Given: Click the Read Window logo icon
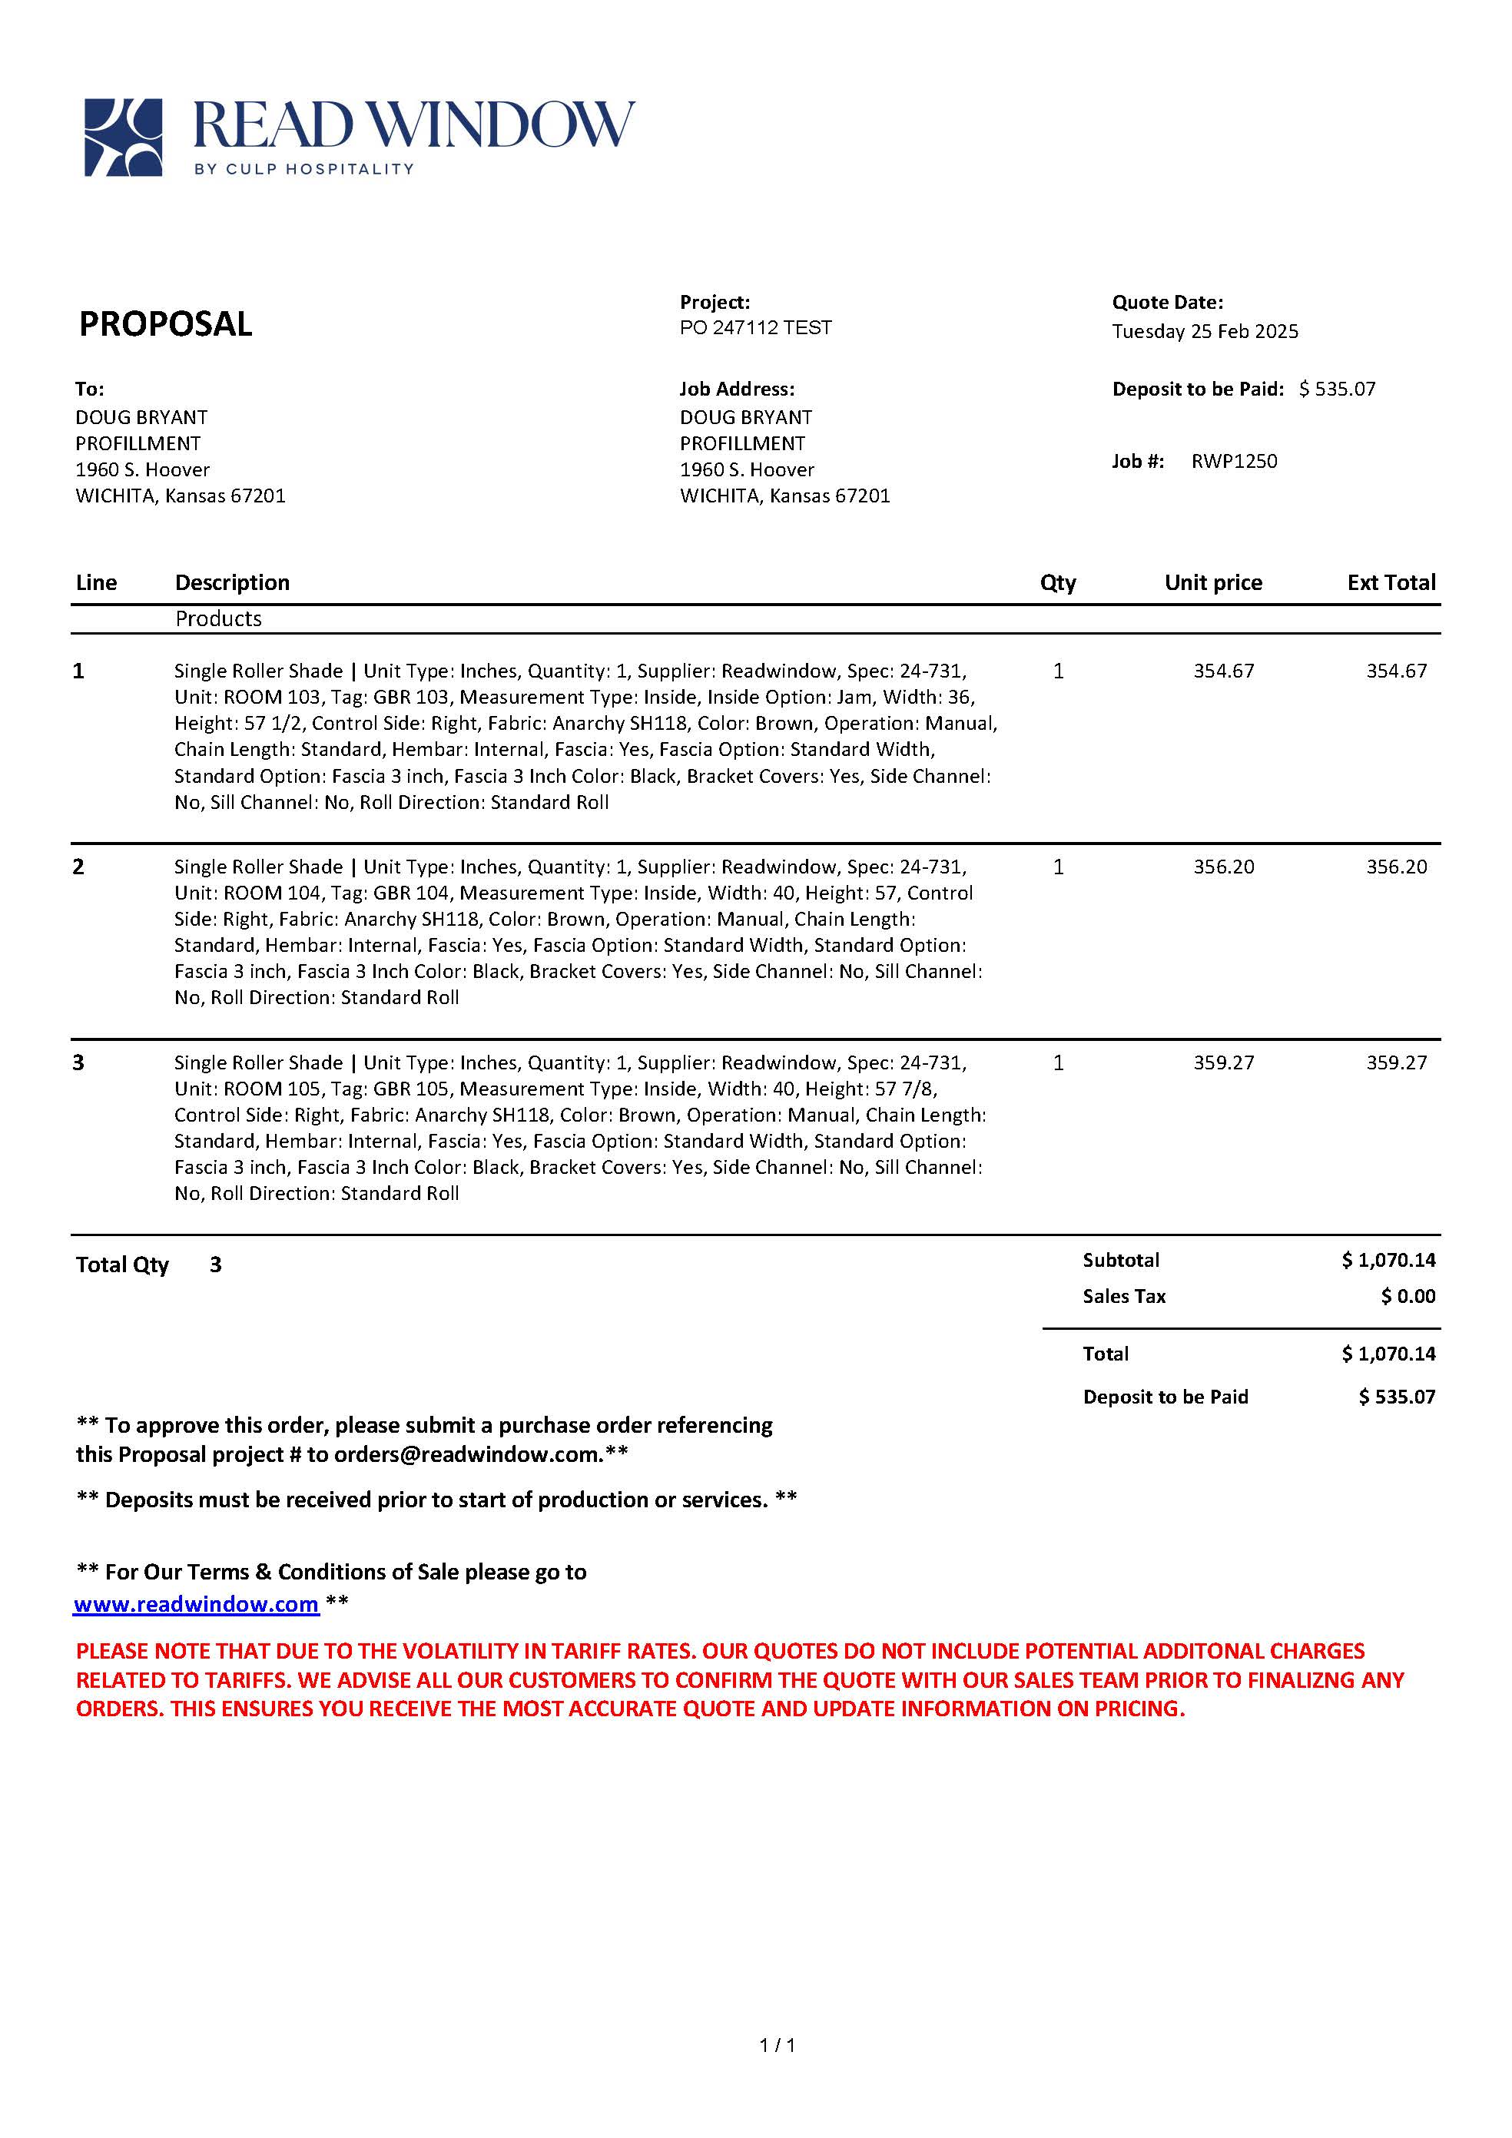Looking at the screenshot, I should click(123, 137).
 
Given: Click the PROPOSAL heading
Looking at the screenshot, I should click(166, 324).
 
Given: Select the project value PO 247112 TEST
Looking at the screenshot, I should click(755, 328).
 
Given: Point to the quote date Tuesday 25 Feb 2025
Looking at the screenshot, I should click(1204, 332).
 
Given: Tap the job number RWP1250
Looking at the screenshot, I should click(1234, 461).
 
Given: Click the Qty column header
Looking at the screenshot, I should click(1058, 583).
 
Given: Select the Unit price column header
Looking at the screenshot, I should click(1212, 583).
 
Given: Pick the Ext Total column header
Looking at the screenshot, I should click(1390, 583).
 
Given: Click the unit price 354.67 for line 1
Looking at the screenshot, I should click(1223, 671).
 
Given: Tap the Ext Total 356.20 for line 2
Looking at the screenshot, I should click(1396, 867).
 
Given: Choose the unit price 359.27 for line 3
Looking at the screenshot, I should click(1223, 1062).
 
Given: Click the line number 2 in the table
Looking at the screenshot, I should click(79, 867).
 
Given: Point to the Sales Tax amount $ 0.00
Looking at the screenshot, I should click(1408, 1296).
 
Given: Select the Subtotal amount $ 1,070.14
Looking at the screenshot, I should click(1388, 1261).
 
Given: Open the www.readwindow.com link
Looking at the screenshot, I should click(197, 1604).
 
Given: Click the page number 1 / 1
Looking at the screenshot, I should click(778, 2045).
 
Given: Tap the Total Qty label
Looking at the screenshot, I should click(122, 1265).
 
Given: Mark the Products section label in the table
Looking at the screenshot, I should click(219, 619).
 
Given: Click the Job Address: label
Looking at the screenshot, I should click(737, 389).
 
